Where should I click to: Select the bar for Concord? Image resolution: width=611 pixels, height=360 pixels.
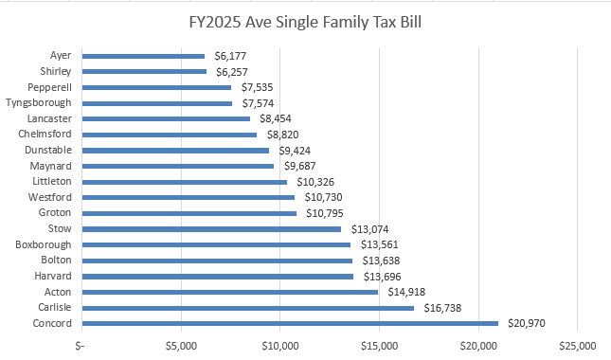[x=290, y=323]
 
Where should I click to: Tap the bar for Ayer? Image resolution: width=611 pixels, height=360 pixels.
[x=143, y=56]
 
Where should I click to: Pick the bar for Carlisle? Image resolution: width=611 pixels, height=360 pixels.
[x=248, y=308]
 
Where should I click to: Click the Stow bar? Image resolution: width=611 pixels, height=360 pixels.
[x=211, y=228]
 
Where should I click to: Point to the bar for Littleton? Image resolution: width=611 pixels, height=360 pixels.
[x=185, y=182]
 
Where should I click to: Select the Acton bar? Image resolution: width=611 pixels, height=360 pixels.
[x=230, y=292]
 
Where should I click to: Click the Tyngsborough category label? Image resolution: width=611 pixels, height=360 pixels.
[x=38, y=102]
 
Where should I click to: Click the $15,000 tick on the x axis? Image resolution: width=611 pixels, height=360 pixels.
[x=379, y=344]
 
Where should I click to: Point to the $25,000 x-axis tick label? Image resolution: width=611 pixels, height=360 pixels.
[x=577, y=344]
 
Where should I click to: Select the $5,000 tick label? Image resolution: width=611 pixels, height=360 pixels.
[x=181, y=344]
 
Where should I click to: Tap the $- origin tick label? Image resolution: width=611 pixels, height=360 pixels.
[x=81, y=344]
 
